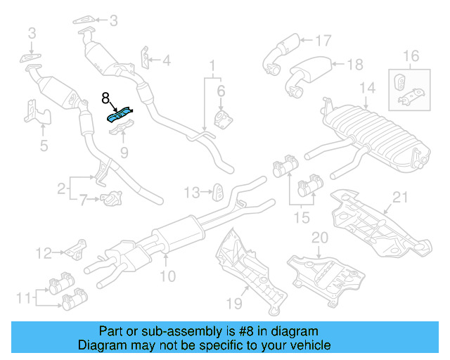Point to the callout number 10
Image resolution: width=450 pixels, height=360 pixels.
167,276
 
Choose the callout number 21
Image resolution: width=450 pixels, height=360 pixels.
399,197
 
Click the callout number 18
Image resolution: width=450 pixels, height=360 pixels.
355,65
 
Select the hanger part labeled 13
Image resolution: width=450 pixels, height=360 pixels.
219,190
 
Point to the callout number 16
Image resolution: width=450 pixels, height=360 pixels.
410,56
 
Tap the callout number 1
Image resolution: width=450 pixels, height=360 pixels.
211,67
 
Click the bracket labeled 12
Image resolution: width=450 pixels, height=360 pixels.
75,248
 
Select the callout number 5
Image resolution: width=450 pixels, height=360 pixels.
44,146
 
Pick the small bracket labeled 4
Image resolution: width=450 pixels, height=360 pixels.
146,59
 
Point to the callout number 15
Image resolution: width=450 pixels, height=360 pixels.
301,218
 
